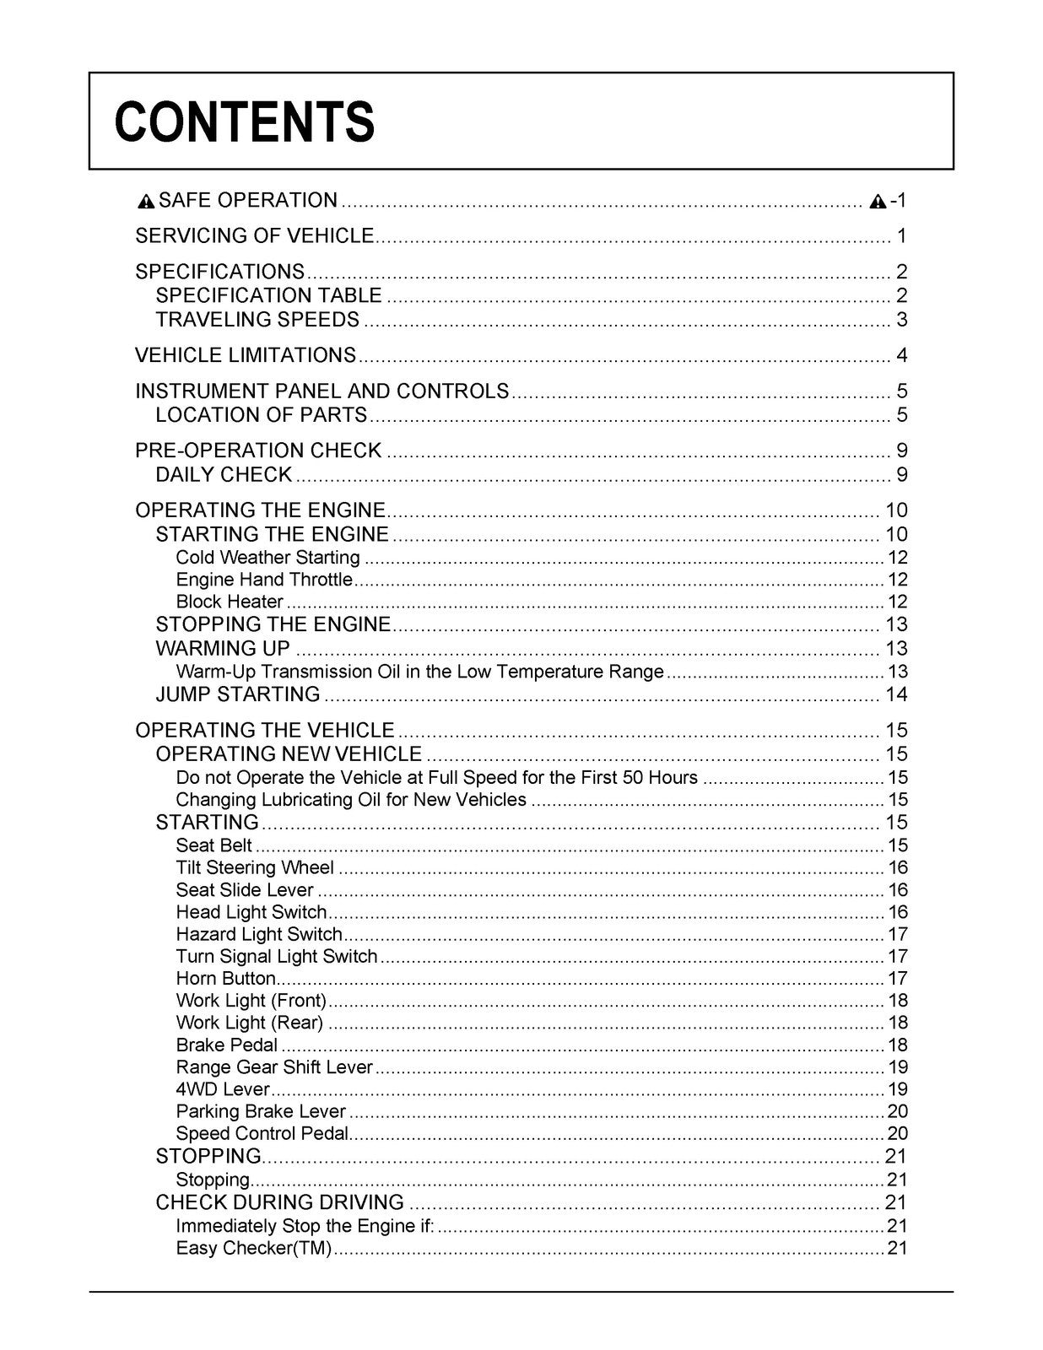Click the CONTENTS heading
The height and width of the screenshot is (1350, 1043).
(245, 121)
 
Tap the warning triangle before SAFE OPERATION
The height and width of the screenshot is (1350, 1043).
(146, 202)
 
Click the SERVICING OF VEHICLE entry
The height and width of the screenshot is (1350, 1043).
(254, 236)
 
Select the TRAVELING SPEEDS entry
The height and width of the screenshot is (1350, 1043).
(257, 320)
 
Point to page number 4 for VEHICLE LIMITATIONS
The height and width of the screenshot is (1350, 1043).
(901, 355)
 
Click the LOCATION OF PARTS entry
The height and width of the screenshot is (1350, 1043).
(262, 415)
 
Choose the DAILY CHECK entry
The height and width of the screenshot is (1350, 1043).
(224, 475)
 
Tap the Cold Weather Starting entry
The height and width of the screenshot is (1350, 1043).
(268, 558)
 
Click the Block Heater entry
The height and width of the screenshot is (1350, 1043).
(230, 602)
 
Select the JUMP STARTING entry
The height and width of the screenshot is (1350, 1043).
(238, 694)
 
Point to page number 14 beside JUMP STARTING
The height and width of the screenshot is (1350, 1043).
(895, 694)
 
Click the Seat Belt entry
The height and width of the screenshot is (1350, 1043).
(213, 845)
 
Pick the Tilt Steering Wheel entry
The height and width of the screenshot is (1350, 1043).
(255, 867)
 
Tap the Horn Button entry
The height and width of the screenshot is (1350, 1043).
(225, 979)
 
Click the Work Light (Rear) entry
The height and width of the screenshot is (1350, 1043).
(249, 1023)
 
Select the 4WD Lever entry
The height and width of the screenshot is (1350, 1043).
(222, 1089)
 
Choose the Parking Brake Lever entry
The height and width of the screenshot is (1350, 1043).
(261, 1111)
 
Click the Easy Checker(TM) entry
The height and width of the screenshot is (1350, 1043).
(253, 1248)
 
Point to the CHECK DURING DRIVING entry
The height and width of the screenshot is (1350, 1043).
(279, 1202)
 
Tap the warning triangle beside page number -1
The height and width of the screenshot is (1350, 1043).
(878, 202)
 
